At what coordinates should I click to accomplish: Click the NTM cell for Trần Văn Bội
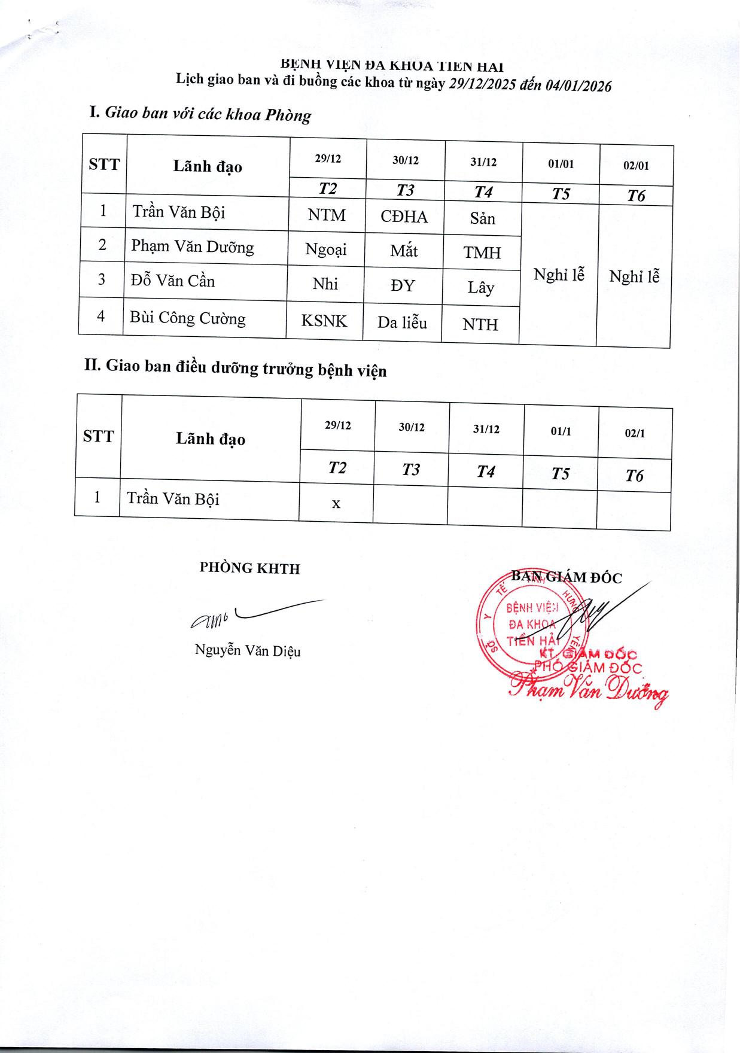pos(327,215)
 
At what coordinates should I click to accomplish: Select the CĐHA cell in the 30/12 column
pos(404,217)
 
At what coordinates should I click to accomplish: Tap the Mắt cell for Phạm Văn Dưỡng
pos(404,250)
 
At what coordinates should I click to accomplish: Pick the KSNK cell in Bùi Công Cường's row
pos(324,321)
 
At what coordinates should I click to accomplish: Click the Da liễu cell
pos(402,323)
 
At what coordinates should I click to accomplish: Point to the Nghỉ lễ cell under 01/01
pos(559,275)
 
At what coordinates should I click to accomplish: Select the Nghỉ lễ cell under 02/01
pos(634,276)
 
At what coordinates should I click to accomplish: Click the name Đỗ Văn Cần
pos(173,281)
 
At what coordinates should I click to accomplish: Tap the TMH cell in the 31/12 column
pos(482,253)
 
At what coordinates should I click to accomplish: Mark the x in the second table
pos(336,504)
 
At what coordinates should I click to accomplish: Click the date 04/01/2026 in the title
pos(578,86)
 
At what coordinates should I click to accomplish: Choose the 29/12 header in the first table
pos(328,159)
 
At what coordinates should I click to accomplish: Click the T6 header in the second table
pos(634,476)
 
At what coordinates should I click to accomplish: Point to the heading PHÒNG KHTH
pos(249,568)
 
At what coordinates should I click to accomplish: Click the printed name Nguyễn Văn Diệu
pos(248,650)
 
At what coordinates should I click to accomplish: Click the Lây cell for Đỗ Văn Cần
pos(481,288)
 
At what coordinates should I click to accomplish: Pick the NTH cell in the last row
pos(480,325)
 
